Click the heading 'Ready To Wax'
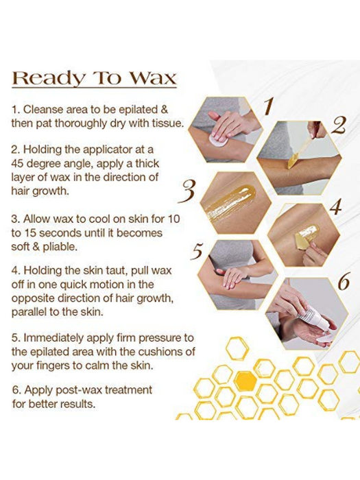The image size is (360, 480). tap(94, 77)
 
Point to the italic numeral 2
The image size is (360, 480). tap(337, 125)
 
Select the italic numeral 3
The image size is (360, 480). tap(187, 191)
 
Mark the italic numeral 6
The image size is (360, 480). tap(343, 282)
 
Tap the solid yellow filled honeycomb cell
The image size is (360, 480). tap(245, 379)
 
